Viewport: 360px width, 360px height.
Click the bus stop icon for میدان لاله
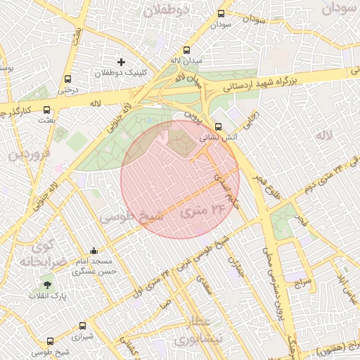(x=186, y=50)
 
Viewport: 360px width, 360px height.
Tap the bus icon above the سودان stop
(x=221, y=13)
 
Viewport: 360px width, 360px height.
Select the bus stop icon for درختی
(x=67, y=79)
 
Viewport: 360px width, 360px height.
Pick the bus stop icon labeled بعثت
(x=47, y=110)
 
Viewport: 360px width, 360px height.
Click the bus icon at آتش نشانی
(x=218, y=127)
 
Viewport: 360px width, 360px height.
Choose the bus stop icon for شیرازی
(x=83, y=326)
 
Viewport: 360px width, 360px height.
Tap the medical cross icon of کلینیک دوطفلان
(x=121, y=63)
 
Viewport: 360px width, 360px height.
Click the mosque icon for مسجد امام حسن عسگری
(x=94, y=250)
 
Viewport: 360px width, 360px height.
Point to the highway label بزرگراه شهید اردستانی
(x=267, y=82)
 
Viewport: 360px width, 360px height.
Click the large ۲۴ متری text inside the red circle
(x=200, y=210)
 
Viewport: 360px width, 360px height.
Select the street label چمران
(x=234, y=266)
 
